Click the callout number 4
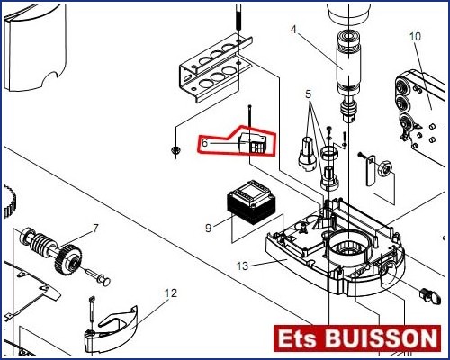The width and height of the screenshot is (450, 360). tap(293, 30)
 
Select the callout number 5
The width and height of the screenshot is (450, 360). tap(309, 94)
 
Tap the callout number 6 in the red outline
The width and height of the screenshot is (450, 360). tap(205, 143)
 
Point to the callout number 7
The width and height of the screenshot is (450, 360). tap(95, 229)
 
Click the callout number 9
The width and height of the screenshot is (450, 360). tap(209, 228)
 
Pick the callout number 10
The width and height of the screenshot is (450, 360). tap(416, 37)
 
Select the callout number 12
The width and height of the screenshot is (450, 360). tap(171, 292)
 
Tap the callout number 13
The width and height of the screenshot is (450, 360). tap(243, 265)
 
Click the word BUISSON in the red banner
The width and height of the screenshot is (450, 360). tap(381, 338)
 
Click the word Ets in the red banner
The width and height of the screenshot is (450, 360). tap(297, 338)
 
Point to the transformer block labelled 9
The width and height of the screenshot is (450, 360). tap(251, 203)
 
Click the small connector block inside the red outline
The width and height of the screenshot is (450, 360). tap(253, 144)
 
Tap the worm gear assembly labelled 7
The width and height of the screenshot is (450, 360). tap(51, 248)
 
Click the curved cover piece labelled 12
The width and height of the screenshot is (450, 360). tap(111, 329)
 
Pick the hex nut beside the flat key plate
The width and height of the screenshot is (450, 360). tap(385, 170)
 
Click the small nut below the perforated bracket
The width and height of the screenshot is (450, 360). tap(175, 149)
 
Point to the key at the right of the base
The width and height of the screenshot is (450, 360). tap(430, 295)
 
